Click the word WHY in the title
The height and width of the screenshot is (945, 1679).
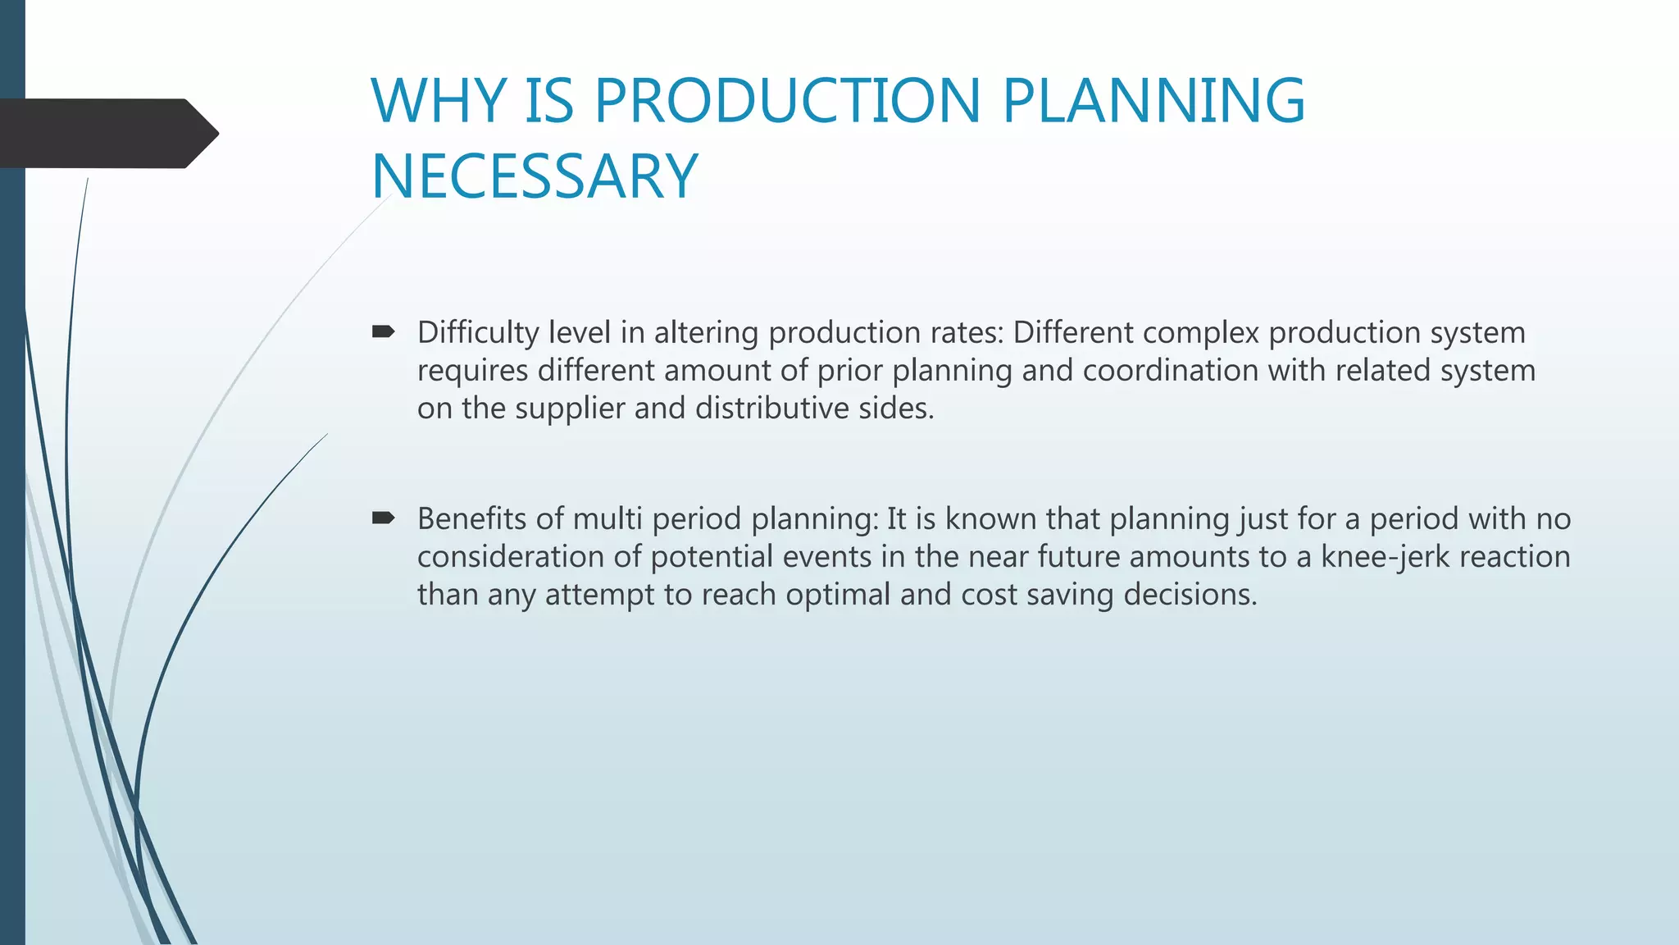tap(439, 101)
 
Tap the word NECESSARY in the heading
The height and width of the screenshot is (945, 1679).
tap(535, 176)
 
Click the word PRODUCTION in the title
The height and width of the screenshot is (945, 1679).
tap(787, 101)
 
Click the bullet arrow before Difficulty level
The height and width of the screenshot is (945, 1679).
tap(383, 332)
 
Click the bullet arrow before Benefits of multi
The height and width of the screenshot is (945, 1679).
tap(383, 518)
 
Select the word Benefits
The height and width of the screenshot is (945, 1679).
tap(471, 519)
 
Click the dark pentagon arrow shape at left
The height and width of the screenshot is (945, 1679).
tap(107, 134)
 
